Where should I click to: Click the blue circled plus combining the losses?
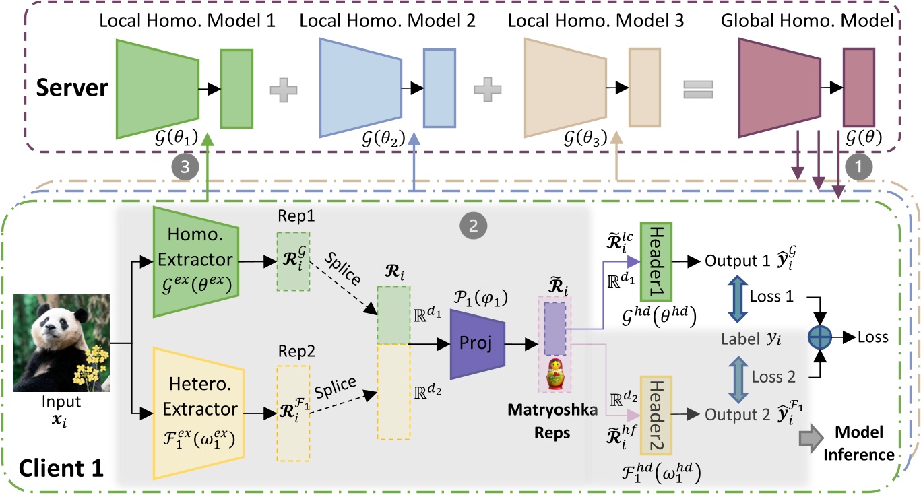[819, 337]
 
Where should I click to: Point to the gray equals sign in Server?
[698, 89]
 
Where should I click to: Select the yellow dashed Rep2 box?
[293, 412]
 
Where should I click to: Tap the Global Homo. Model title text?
[807, 21]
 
